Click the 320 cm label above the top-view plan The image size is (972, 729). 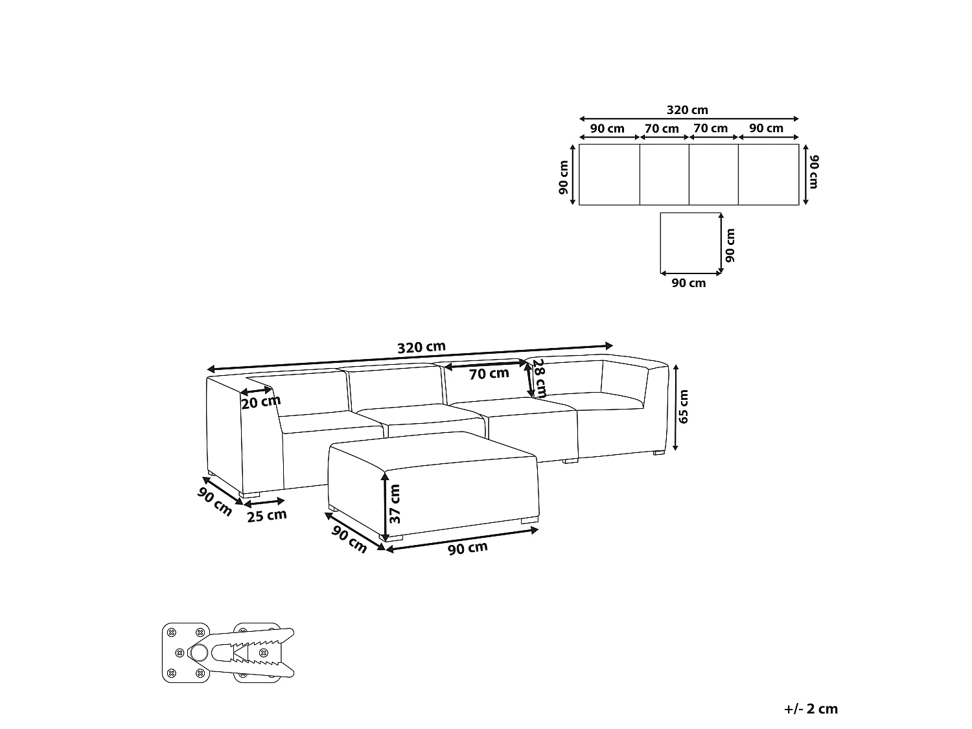point(688,110)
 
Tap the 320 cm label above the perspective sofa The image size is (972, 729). point(421,347)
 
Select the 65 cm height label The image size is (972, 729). point(683,406)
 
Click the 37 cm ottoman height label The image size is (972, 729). point(394,503)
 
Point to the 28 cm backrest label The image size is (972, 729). point(539,378)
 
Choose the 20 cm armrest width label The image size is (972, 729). point(261,402)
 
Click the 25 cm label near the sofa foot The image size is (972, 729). point(266,516)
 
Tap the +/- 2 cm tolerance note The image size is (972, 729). point(811,709)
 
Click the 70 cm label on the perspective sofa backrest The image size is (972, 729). point(489,374)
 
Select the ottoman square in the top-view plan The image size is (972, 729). point(690,243)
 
